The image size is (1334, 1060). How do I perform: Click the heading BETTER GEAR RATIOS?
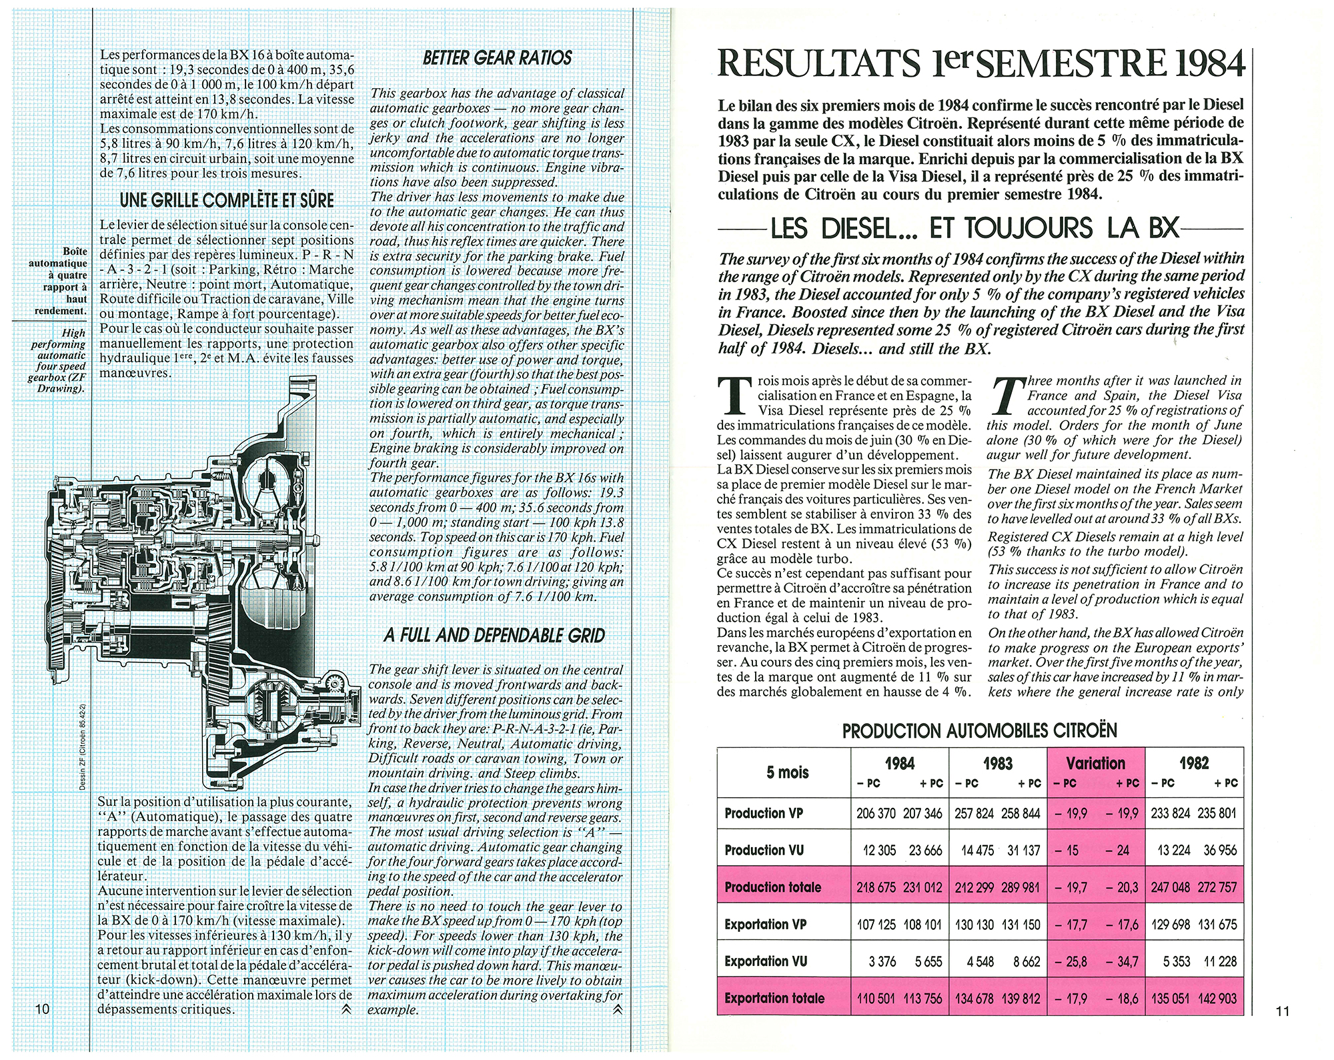(x=497, y=58)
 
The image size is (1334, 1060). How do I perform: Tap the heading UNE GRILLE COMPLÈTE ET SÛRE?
(x=227, y=200)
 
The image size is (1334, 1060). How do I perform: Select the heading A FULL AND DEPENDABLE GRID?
(x=494, y=635)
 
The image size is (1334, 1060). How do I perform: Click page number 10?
(x=43, y=1009)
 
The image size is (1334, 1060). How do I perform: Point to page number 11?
(x=1281, y=1011)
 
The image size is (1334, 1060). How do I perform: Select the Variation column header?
(x=1096, y=764)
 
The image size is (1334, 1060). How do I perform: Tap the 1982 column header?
(x=1194, y=764)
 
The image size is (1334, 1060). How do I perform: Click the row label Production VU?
(x=764, y=851)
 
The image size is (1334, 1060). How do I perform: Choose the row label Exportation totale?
(x=774, y=999)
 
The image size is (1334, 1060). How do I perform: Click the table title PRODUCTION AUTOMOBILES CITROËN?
(x=979, y=731)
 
